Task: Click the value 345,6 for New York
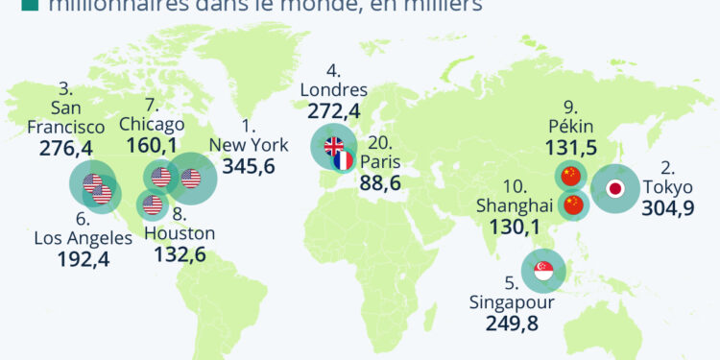(x=249, y=166)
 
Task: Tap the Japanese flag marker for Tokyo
(x=614, y=188)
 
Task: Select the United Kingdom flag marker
(x=333, y=147)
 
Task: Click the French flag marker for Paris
(x=344, y=160)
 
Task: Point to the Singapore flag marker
(x=543, y=271)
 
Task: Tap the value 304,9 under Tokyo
(x=669, y=208)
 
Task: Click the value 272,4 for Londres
(x=334, y=111)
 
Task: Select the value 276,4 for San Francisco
(x=66, y=149)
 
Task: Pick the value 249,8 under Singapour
(x=512, y=324)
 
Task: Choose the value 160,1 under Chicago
(x=153, y=146)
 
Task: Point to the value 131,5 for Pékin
(x=584, y=147)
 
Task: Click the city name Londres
(x=333, y=90)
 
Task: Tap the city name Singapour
(x=512, y=303)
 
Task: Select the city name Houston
(x=180, y=233)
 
